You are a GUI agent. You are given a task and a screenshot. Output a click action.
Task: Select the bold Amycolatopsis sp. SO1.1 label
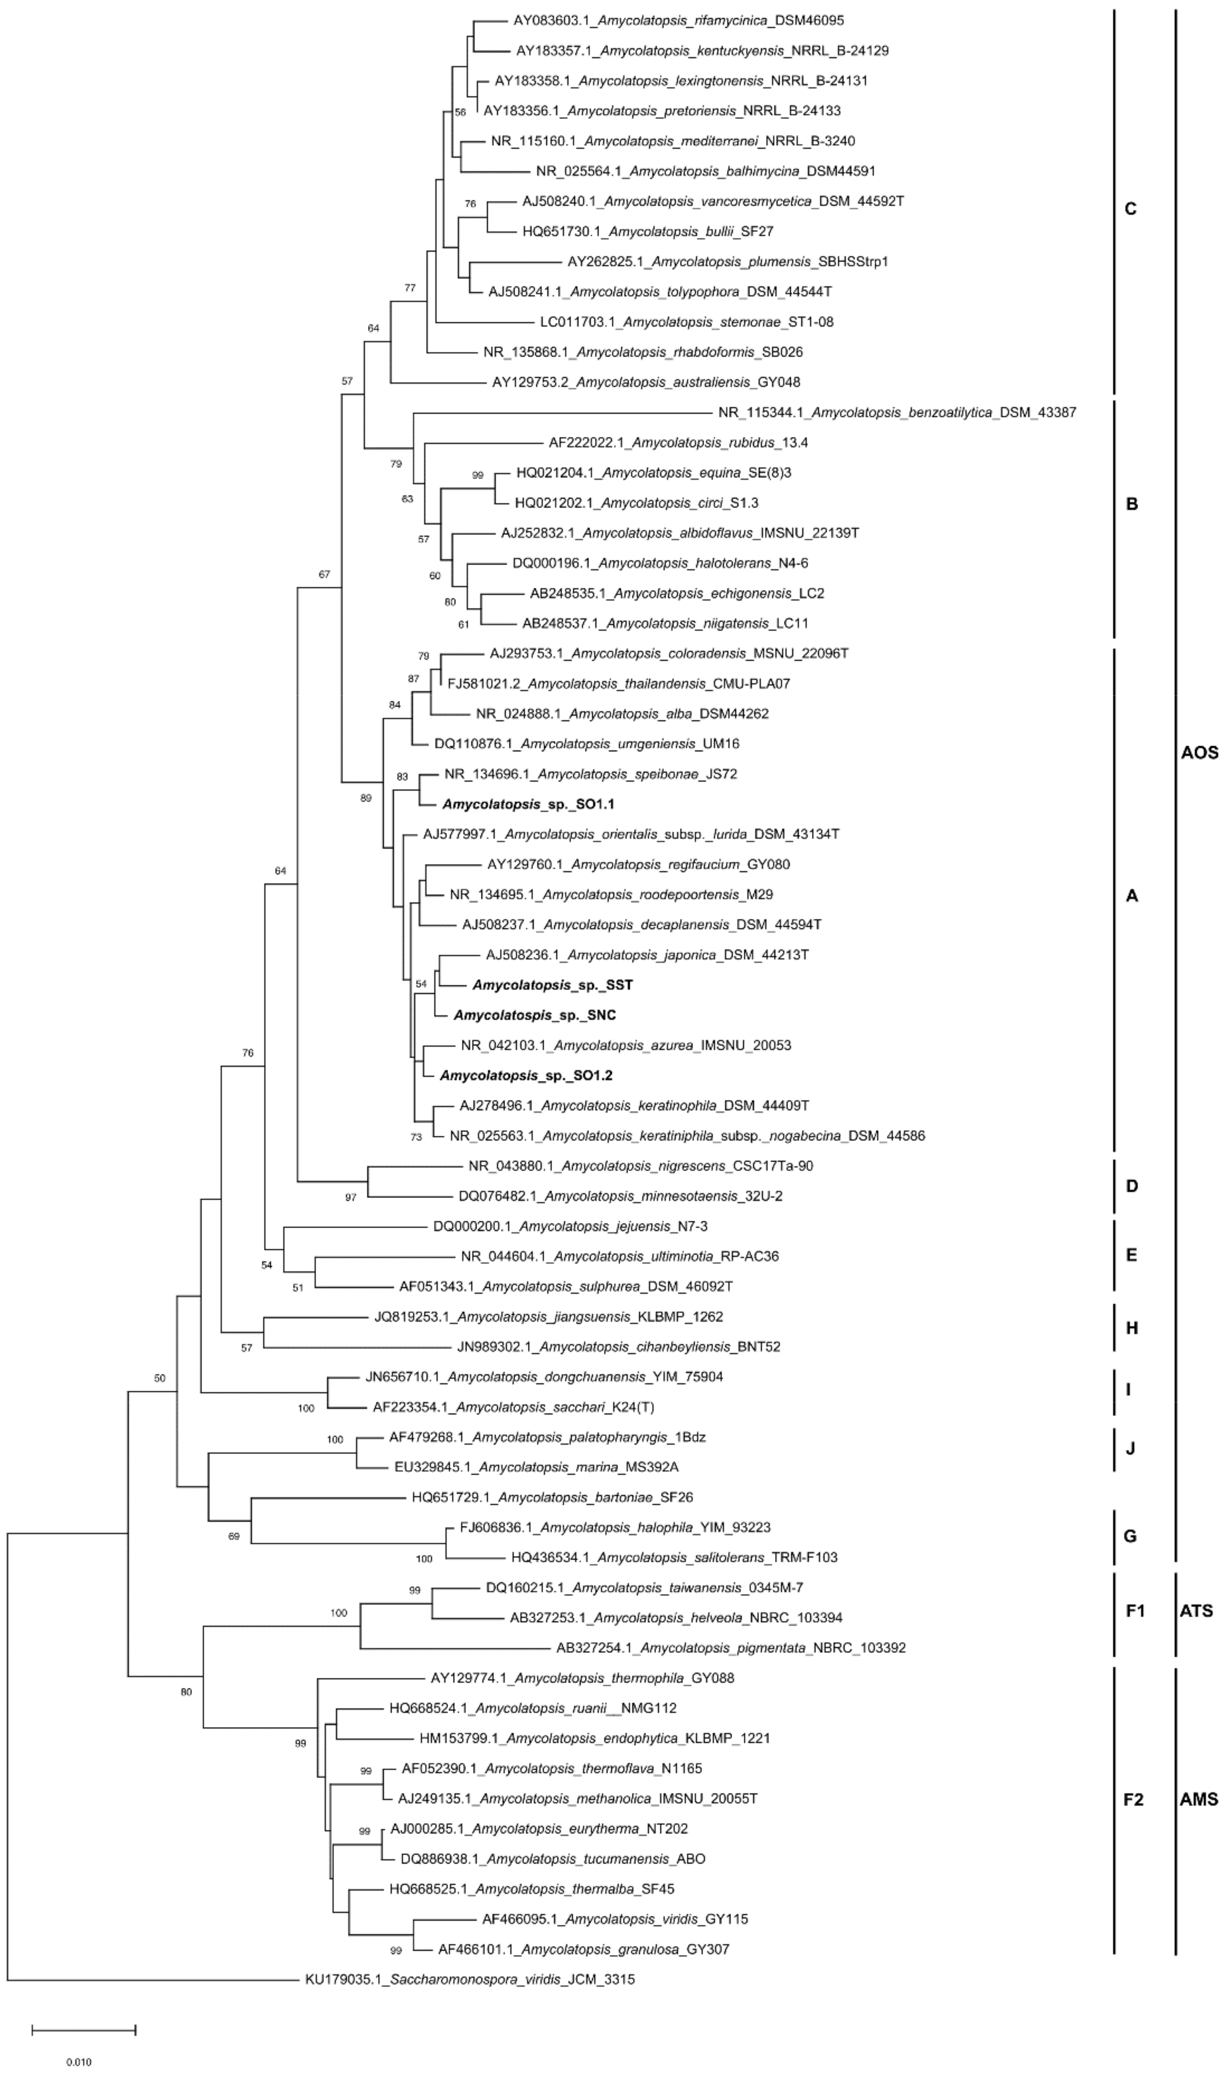528,804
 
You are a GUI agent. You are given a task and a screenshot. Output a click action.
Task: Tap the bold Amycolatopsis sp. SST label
553,985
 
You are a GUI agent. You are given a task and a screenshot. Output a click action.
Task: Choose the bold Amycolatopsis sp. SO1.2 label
526,1075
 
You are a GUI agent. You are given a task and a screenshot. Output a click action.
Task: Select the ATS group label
1196,1611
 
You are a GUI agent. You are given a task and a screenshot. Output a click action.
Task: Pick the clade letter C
1130,209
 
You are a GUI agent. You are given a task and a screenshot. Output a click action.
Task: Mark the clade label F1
1135,1611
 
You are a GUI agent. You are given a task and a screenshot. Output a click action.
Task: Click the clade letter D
1131,1185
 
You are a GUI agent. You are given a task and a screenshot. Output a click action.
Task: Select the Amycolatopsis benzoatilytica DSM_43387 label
897,413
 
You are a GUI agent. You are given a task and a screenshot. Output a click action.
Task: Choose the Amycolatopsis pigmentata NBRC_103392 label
731,1648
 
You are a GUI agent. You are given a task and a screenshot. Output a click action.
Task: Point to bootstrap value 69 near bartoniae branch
234,1536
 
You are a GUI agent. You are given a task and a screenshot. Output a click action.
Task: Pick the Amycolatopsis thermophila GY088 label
582,1678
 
